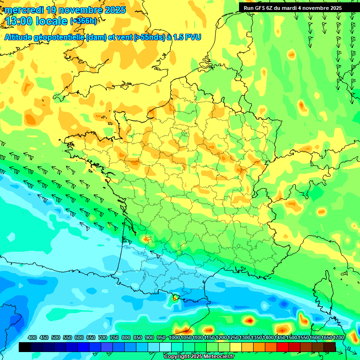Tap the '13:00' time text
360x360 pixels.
19,21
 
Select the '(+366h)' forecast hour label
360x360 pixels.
83,21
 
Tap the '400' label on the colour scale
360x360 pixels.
32,337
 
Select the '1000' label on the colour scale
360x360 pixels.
174,337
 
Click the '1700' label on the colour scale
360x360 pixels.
338,337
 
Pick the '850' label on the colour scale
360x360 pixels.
138,337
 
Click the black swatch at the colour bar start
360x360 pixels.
25,347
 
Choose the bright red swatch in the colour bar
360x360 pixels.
283,347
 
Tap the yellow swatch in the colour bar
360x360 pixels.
236,347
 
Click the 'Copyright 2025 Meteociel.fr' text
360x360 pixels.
199,356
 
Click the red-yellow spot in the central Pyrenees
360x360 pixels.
175,297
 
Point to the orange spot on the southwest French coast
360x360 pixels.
147,239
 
